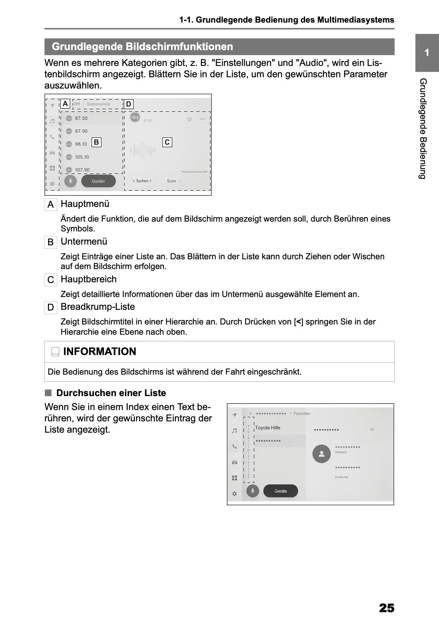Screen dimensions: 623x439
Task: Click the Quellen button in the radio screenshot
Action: (98, 181)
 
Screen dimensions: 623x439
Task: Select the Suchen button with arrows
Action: (142, 181)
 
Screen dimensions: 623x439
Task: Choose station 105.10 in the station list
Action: (82, 157)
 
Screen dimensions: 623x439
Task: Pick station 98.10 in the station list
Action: (81, 144)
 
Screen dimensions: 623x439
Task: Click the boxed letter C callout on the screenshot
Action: (167, 142)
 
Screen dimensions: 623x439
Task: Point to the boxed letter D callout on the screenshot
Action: (128, 104)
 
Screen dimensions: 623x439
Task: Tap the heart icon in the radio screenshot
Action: (189, 119)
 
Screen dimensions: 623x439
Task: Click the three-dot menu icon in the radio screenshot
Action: (203, 119)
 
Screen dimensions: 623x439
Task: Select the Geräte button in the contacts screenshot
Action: (280, 491)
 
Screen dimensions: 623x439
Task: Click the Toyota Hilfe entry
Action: (268, 428)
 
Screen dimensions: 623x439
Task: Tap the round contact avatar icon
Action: (321, 454)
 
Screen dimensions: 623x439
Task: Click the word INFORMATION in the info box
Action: (99, 352)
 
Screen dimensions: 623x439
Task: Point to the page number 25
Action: (386, 608)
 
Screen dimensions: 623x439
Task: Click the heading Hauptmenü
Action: (85, 204)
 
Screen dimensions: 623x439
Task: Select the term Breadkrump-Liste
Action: (98, 307)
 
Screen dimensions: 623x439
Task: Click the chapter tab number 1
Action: (427, 53)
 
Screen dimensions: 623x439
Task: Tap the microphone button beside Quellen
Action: (70, 181)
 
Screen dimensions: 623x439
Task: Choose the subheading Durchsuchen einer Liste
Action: (111, 393)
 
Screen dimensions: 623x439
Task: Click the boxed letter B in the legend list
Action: (50, 242)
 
